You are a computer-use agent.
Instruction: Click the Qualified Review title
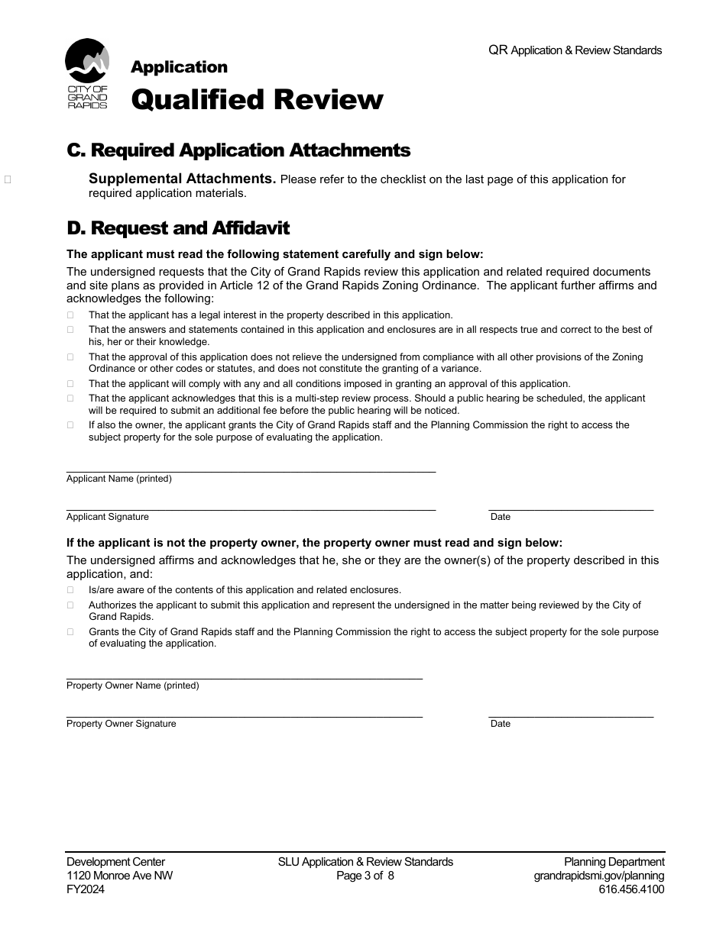pos(257,99)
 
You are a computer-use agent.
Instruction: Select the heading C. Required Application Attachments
pos(238,150)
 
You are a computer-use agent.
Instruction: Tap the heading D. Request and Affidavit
pos(178,228)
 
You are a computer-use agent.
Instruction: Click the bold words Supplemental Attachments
pos(182,179)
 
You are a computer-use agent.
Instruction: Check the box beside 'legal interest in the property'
pos(70,315)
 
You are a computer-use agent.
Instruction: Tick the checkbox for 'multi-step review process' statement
pos(70,399)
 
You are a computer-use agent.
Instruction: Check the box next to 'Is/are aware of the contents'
pos(70,590)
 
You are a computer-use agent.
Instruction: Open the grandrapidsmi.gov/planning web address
pos(598,876)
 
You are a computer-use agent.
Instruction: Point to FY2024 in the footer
pos(86,889)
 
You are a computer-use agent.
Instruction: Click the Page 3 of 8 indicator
pos(365,876)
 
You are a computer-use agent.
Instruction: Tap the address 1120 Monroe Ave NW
pos(119,876)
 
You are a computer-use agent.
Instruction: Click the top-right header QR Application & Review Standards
pos(575,50)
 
